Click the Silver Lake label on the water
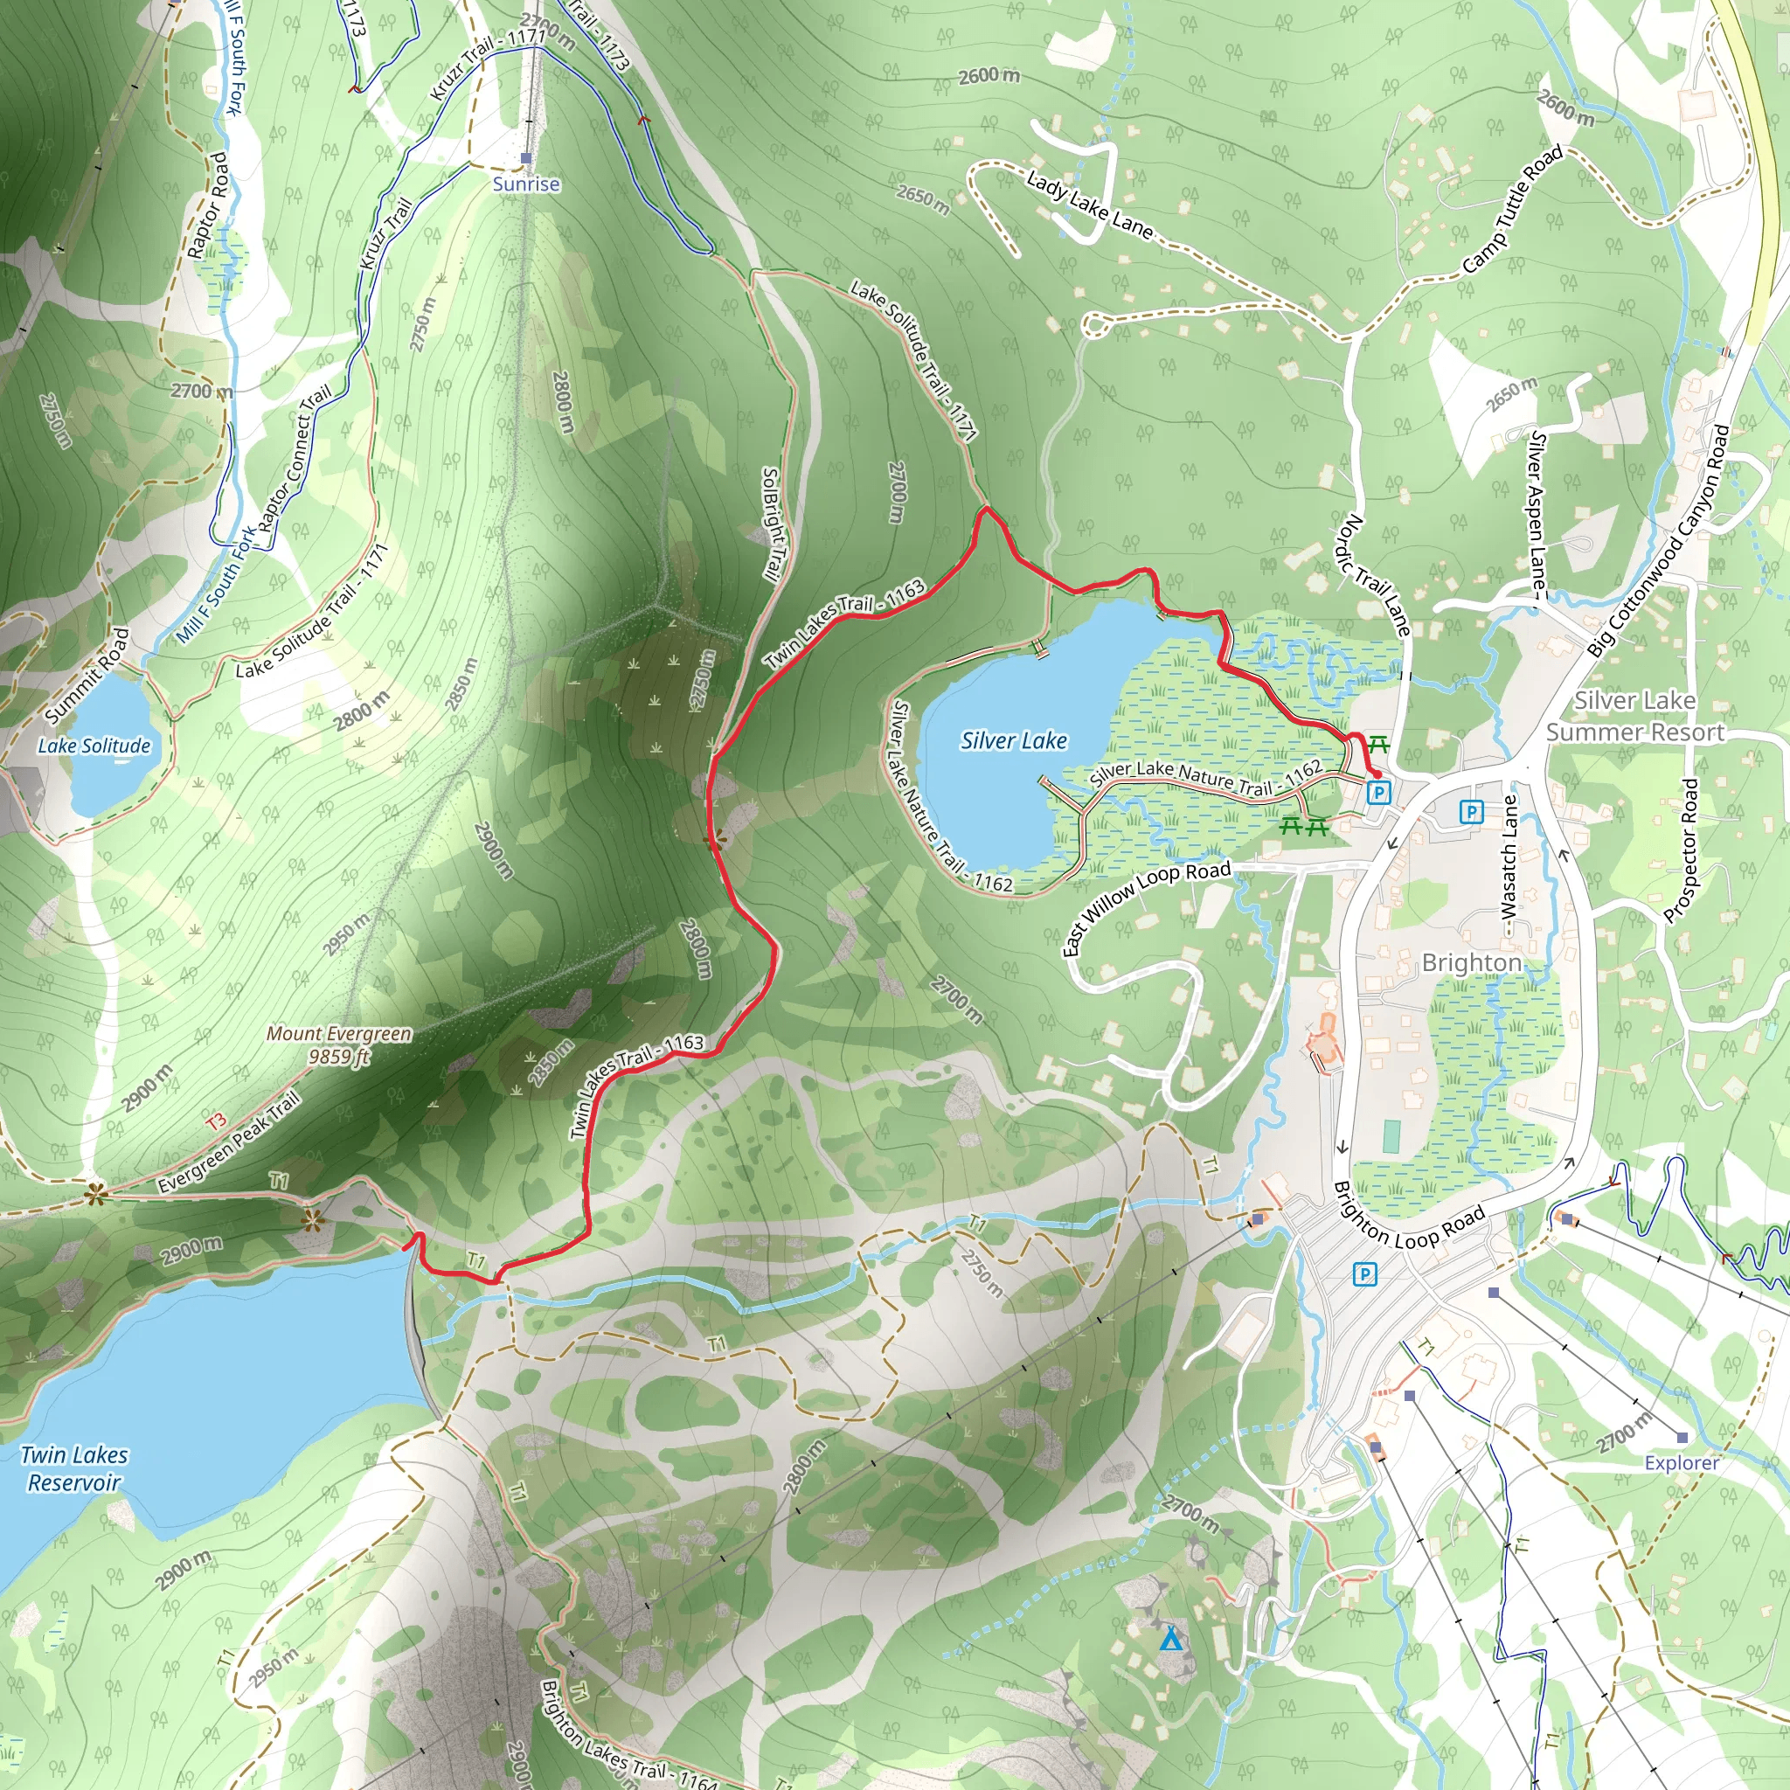(1014, 741)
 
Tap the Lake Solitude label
(94, 746)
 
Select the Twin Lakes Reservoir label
(74, 1468)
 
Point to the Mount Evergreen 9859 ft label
(339, 1044)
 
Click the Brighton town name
(1471, 962)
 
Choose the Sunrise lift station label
(525, 184)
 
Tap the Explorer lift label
(1682, 1463)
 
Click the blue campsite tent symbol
(1171, 1640)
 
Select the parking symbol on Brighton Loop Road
(1363, 1275)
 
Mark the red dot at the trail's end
(1377, 774)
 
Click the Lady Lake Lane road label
(1090, 205)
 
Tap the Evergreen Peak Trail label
(229, 1141)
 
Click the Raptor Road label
(206, 205)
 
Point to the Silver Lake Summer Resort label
(1634, 716)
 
